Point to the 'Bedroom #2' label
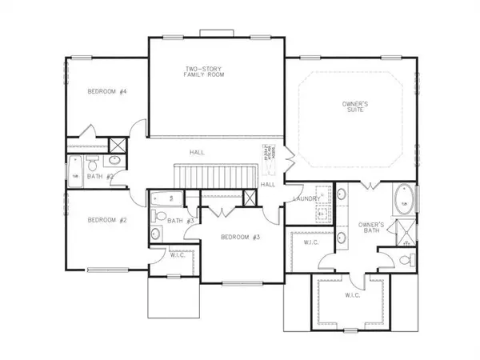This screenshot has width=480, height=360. point(107,220)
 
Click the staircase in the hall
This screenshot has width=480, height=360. point(217,172)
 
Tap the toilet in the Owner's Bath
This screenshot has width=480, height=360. point(407,260)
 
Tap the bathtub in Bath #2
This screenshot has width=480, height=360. point(75,175)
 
